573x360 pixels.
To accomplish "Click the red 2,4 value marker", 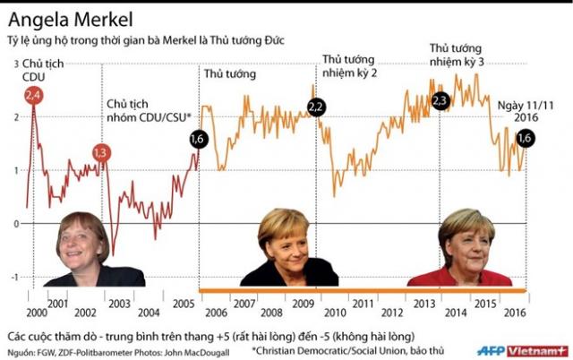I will click(34, 95).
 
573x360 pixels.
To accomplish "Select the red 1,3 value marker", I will click(101, 153).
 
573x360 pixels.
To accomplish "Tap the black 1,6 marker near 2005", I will click(199, 139).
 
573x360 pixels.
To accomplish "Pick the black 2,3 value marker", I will click(440, 101).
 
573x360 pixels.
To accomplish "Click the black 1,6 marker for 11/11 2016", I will click(526, 137).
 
